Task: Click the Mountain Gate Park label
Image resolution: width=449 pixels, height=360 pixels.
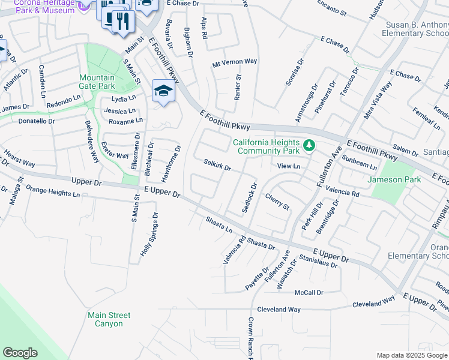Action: (x=97, y=82)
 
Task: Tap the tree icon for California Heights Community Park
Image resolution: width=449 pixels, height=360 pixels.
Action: (x=309, y=146)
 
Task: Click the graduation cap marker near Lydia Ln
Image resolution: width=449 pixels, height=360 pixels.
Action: (x=163, y=91)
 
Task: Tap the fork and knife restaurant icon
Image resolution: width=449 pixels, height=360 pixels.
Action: (x=123, y=22)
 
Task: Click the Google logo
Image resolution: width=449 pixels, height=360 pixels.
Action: (x=20, y=353)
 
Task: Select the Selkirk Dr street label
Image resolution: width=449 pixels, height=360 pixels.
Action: (x=217, y=164)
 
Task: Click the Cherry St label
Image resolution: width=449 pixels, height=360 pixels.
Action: (x=277, y=202)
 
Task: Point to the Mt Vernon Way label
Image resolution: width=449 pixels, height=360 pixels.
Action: (x=235, y=62)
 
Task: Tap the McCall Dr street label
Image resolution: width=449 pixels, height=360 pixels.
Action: (x=309, y=292)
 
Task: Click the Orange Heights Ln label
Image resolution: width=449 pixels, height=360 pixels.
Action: (x=53, y=194)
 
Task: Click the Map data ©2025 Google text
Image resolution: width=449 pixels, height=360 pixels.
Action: (x=411, y=355)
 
